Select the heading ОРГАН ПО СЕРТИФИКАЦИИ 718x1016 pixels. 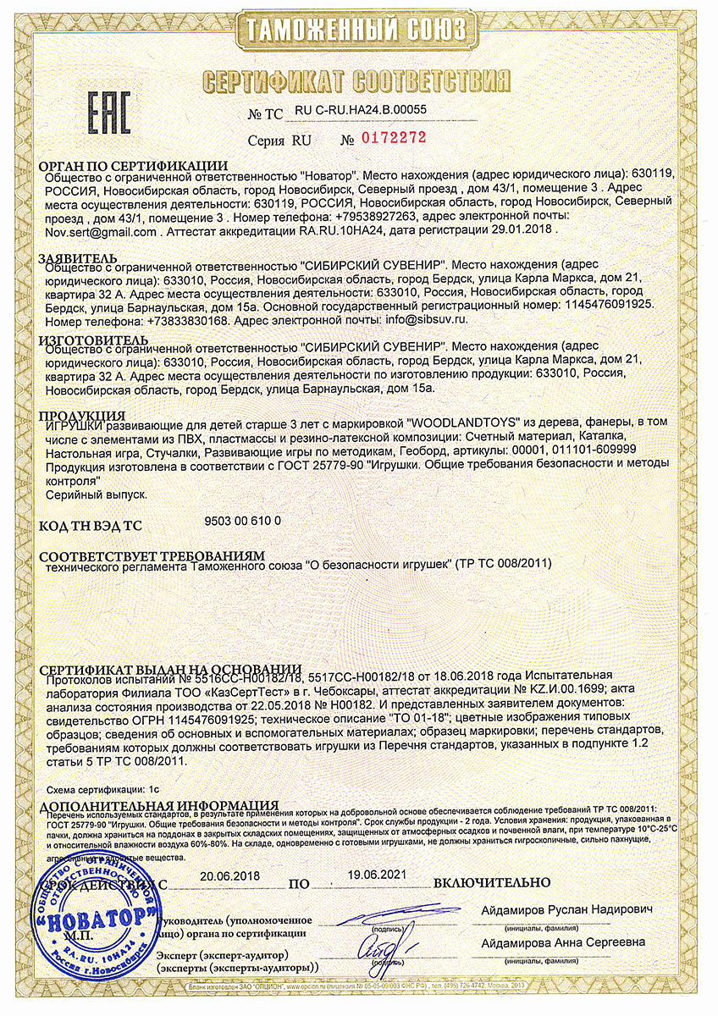click(x=134, y=165)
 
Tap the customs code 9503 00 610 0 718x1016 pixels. click(x=243, y=521)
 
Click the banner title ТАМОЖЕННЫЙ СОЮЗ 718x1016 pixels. click(x=359, y=32)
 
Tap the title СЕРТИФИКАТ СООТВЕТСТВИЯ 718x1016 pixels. click(x=358, y=81)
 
